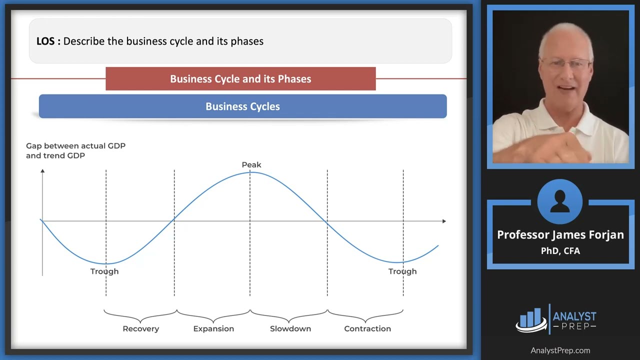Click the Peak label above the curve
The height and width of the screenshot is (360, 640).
point(251,164)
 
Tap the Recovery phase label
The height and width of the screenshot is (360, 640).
point(140,328)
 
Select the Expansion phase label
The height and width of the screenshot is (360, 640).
point(213,328)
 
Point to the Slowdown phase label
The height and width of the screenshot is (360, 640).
point(290,328)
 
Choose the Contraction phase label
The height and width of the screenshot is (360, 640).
point(367,328)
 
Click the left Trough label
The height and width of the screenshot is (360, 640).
point(104,271)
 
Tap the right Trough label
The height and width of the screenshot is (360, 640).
point(402,271)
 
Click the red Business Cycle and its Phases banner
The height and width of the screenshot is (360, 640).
point(240,79)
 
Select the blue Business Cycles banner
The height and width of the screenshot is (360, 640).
point(242,106)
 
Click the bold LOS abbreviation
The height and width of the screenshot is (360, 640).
point(48,41)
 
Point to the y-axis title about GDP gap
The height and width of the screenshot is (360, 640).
point(75,150)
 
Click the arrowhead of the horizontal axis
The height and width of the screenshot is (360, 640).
point(443,220)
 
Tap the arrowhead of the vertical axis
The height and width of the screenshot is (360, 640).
point(42,171)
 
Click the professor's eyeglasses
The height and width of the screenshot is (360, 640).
point(565,63)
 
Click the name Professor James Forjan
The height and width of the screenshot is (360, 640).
point(560,235)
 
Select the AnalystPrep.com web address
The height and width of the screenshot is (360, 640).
point(560,350)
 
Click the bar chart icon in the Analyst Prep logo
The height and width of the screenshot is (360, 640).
point(531,319)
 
